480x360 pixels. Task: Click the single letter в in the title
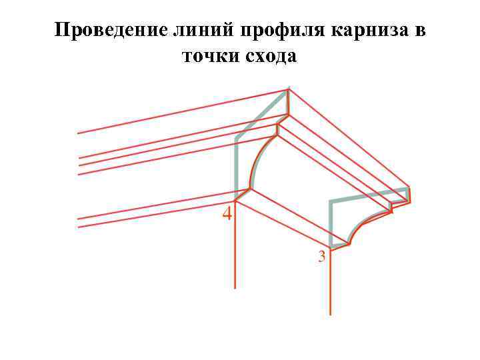click(x=420, y=31)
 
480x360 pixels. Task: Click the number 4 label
click(x=227, y=215)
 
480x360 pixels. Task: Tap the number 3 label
click(x=322, y=255)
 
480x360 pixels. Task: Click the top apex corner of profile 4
click(x=288, y=91)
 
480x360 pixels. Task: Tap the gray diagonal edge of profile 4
click(x=261, y=115)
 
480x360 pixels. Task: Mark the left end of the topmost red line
click(x=79, y=133)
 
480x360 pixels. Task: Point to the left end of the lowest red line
click(x=79, y=227)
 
